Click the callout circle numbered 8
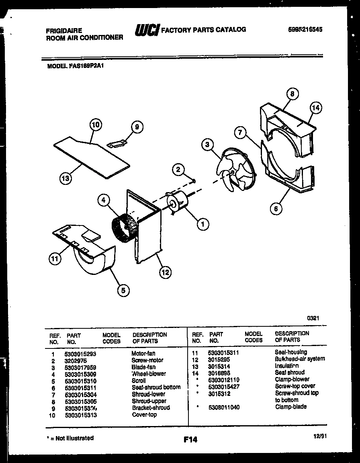[292, 94]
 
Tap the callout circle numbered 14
[316, 107]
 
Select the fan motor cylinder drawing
[178, 203]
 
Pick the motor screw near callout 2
[194, 180]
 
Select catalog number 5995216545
[305, 30]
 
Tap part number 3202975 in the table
[75, 360]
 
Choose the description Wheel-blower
[149, 374]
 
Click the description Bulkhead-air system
[300, 359]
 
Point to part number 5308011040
[224, 407]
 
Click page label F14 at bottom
[190, 440]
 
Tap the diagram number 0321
[313, 318]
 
